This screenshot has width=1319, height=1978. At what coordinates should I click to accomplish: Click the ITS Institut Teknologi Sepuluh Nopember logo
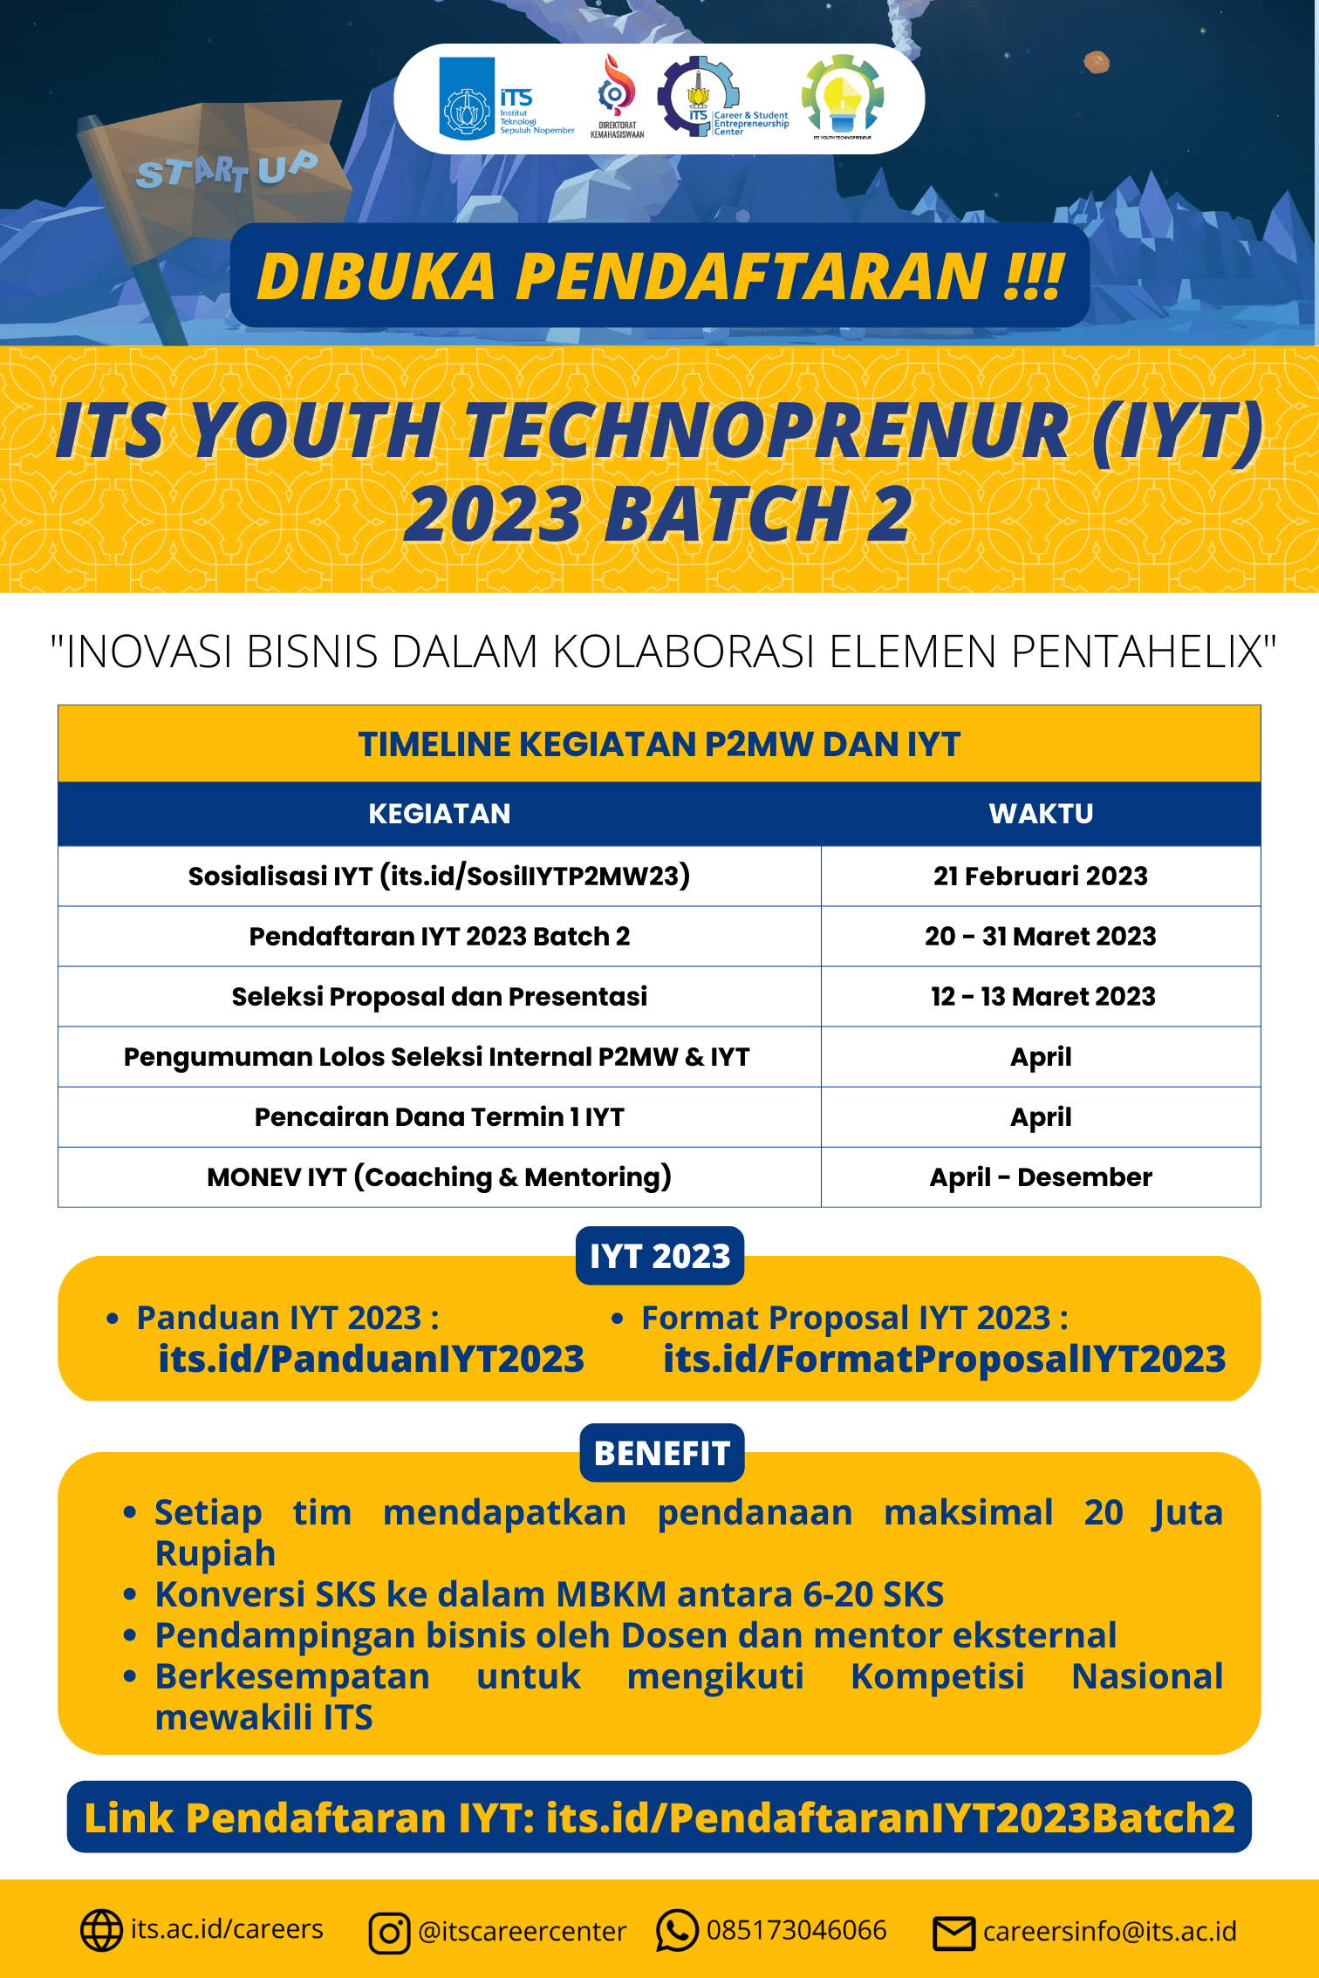click(x=506, y=98)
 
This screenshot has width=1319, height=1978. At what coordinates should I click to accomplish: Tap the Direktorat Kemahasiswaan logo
click(x=617, y=96)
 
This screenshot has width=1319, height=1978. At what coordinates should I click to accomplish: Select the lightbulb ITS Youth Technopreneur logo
click(x=843, y=96)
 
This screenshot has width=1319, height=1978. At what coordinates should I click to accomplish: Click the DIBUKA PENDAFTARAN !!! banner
click(x=659, y=276)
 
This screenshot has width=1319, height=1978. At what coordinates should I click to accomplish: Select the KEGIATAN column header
click(x=440, y=814)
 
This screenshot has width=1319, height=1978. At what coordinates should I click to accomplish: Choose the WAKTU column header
click(x=1041, y=814)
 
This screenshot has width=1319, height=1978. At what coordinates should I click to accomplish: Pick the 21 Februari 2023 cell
click(x=1041, y=876)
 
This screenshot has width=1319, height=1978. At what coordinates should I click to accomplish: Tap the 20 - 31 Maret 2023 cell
click(x=1041, y=936)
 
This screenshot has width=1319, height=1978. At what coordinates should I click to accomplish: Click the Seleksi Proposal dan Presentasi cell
click(x=440, y=996)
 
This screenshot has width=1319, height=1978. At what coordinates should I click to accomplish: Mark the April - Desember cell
click(x=1041, y=1177)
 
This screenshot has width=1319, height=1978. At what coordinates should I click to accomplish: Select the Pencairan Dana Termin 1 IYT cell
click(x=440, y=1116)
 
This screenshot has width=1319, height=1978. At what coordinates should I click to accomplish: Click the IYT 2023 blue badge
click(x=659, y=1256)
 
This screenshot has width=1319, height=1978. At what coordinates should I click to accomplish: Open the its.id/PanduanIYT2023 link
click(x=371, y=1359)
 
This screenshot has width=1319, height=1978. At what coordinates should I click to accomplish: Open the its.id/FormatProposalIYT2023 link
click(x=944, y=1359)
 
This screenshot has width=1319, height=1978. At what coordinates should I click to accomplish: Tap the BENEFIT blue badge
click(x=661, y=1453)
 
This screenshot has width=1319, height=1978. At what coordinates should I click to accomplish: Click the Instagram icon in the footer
click(x=389, y=1933)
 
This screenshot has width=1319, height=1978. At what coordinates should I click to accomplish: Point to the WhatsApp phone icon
click(x=677, y=1931)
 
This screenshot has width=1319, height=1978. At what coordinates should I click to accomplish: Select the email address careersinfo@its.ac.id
click(x=1110, y=1932)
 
